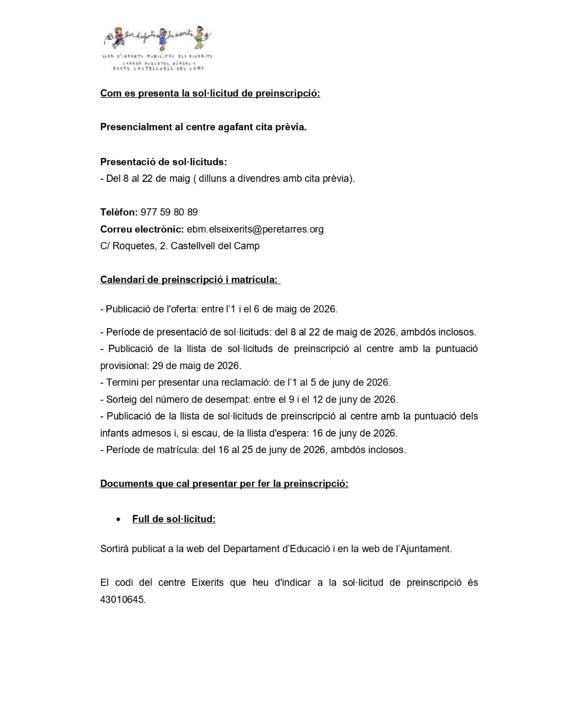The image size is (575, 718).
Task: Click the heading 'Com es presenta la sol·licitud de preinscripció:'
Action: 210,94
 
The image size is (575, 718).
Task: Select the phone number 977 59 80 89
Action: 169,212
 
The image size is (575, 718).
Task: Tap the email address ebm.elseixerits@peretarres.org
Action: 255,229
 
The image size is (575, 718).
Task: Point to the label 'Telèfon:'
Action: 119,212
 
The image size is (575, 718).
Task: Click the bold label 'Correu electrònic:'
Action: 142,229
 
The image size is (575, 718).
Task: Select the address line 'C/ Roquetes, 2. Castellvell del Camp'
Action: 179,246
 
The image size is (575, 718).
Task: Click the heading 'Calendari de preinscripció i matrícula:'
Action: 189,280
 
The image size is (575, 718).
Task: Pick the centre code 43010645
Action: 122,599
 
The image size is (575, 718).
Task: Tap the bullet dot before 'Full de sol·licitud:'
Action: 118,519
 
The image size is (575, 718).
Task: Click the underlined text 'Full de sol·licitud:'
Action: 174,519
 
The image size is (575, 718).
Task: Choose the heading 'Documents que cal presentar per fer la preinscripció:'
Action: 224,484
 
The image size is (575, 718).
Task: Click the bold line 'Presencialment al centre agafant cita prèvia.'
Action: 203,127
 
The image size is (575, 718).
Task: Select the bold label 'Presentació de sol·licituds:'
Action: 163,162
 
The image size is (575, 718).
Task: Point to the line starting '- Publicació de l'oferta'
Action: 218,309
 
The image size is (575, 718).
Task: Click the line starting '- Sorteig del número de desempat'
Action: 249,399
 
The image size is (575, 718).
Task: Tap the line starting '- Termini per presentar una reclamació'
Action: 245,382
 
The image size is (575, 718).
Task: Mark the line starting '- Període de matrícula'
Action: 253,450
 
